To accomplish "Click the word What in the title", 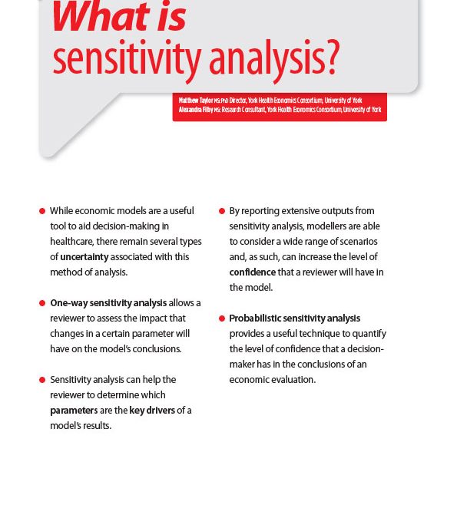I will click(99, 17).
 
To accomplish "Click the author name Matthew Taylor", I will click(196, 101).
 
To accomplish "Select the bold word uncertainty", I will click(84, 257).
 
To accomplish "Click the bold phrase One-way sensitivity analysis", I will click(108, 303).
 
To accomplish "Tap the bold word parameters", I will click(74, 411).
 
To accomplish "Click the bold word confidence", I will click(252, 272).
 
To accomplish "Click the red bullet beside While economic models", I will click(42, 211).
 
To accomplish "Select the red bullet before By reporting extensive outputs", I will click(222, 211).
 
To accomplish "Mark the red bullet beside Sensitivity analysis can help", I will click(42, 380).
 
